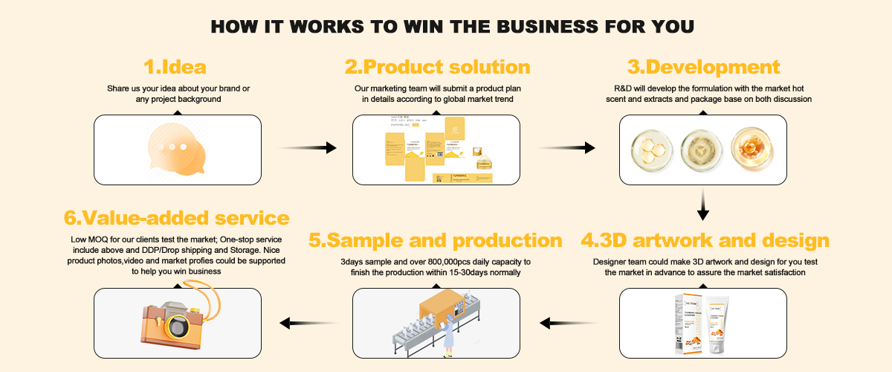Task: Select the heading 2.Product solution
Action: tap(437, 67)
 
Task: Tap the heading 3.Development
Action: tap(703, 67)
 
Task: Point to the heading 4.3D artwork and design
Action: tap(705, 241)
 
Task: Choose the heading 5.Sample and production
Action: tap(435, 241)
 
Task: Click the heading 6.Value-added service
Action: tap(176, 218)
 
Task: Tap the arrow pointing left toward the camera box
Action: tap(305, 323)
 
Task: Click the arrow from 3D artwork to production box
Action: tap(569, 323)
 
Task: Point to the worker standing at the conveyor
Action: tap(448, 332)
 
